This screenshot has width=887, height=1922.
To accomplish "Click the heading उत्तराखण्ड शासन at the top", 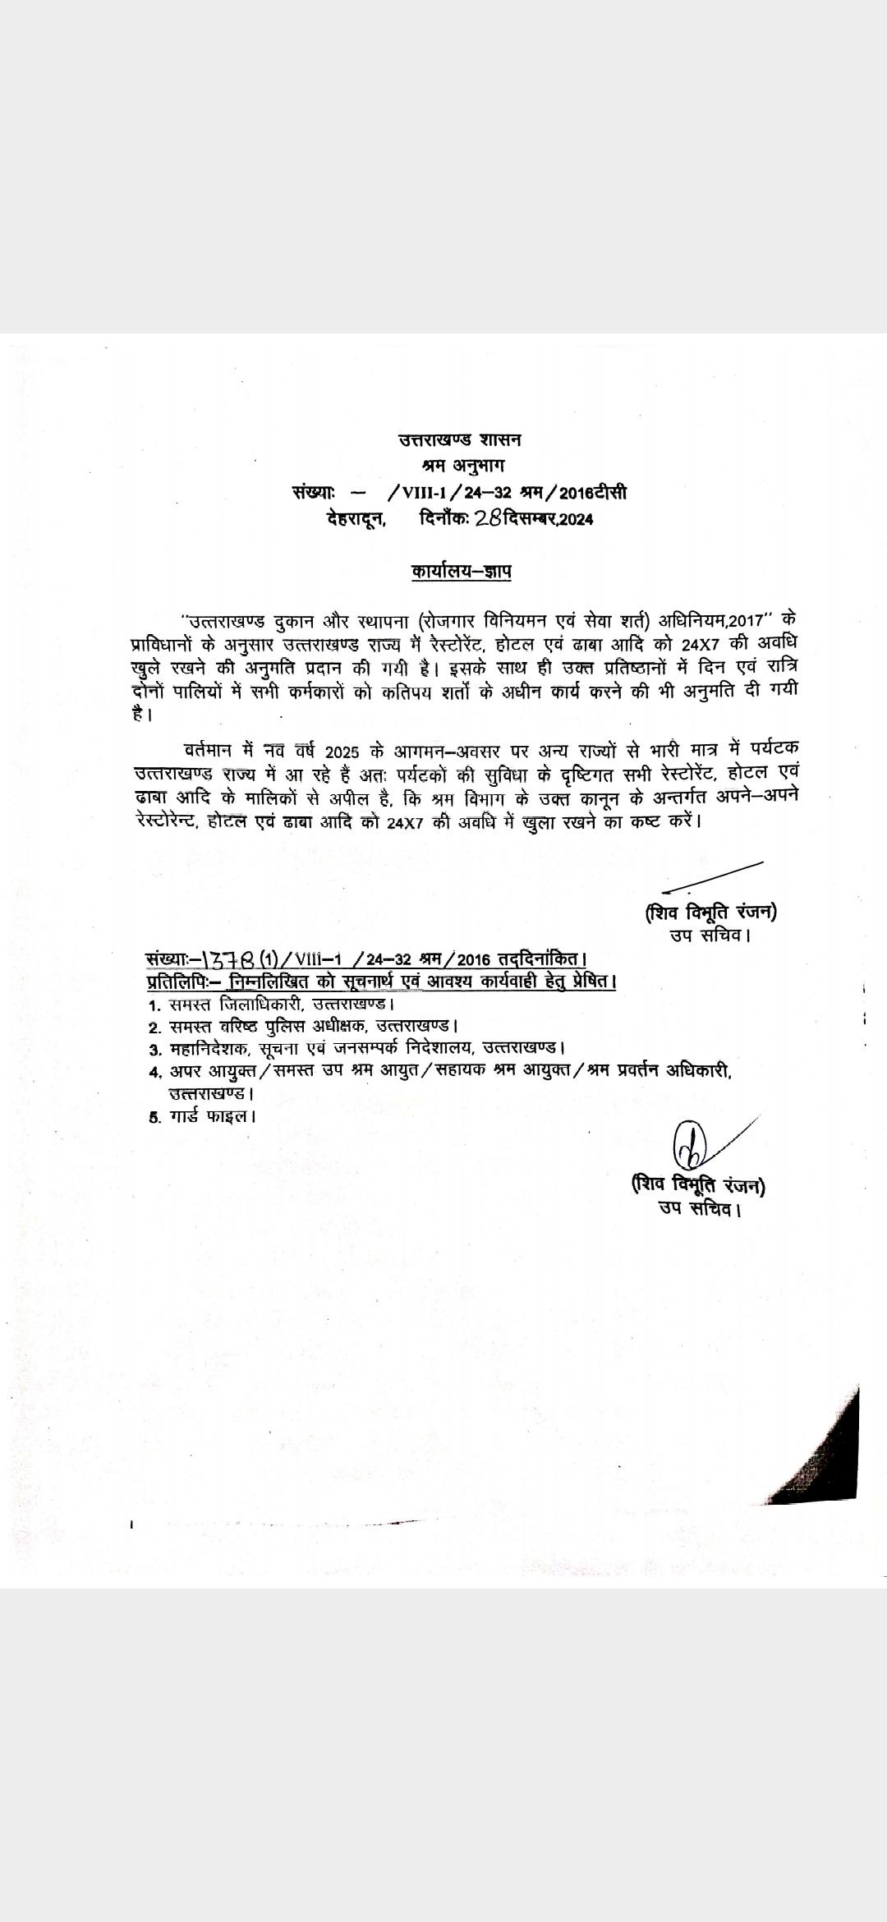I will pos(459,439).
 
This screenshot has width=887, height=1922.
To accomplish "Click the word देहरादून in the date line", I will pos(356,519).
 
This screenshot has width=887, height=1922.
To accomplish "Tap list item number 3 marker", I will pos(154,1050).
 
